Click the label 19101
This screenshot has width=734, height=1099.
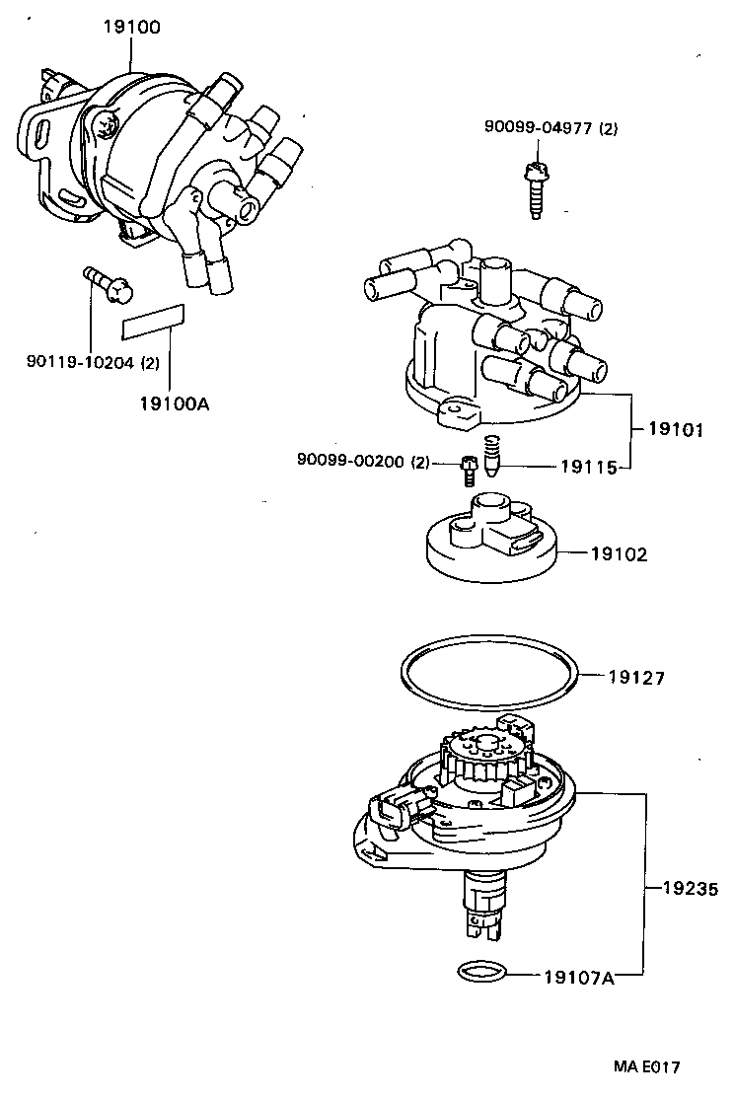(675, 430)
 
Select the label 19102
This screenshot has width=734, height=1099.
(620, 554)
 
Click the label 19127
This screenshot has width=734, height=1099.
(636, 678)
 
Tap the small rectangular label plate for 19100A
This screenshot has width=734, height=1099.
(154, 317)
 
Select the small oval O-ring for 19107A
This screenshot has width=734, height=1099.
(484, 973)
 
